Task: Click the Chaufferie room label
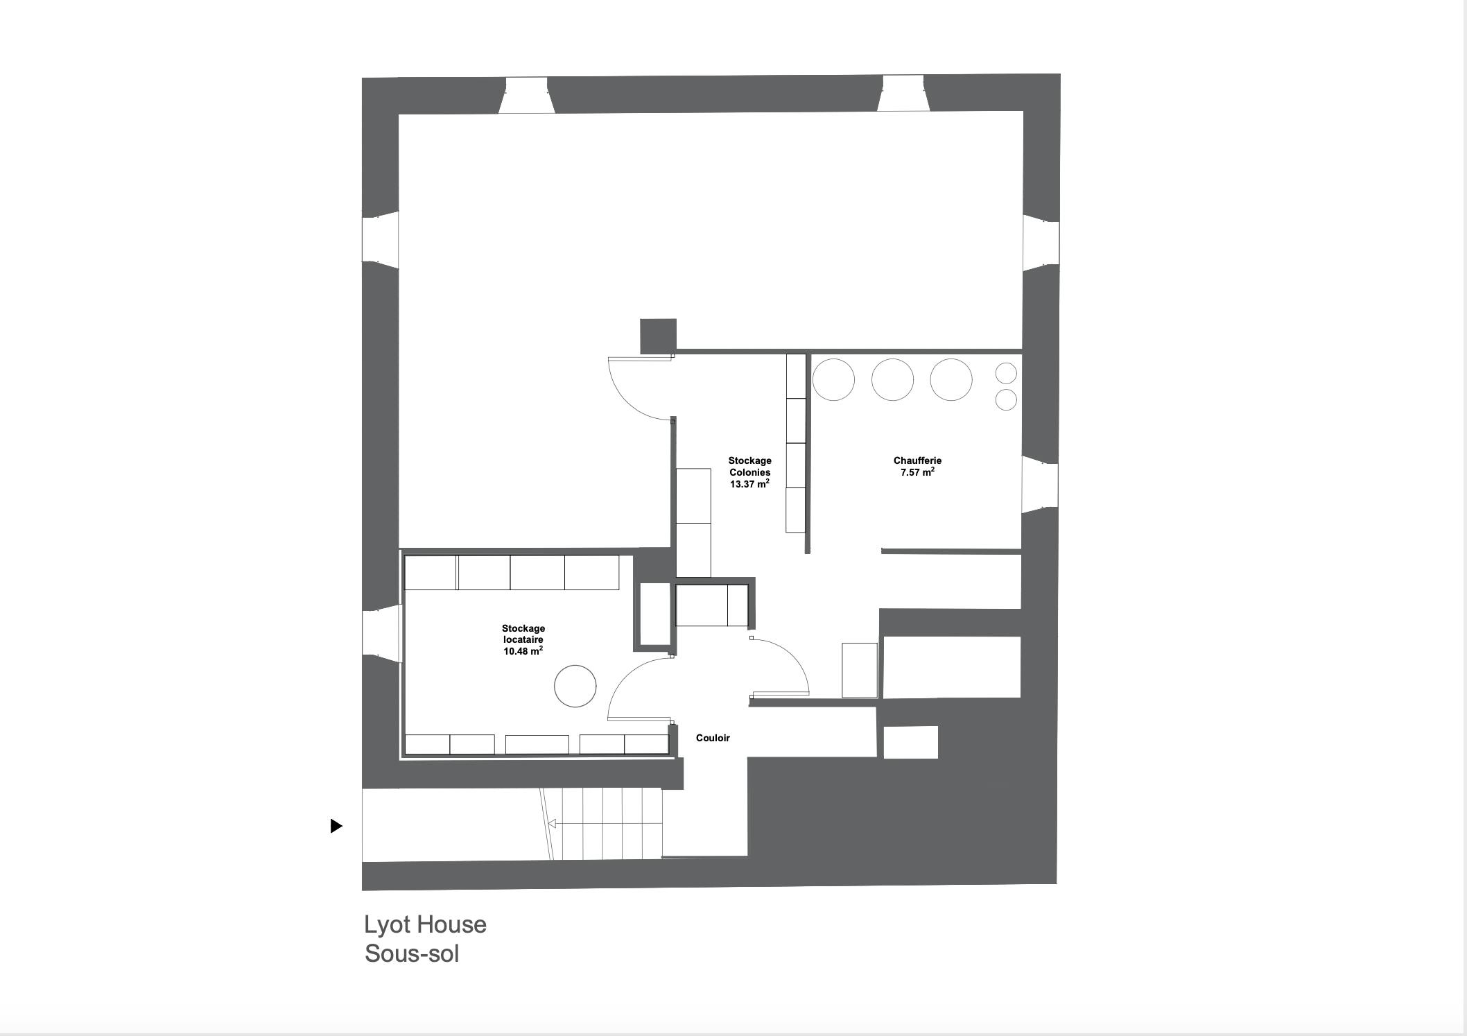point(917,460)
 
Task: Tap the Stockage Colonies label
point(749,466)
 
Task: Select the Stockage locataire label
point(523,634)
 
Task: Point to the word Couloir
point(713,738)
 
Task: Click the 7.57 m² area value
point(917,472)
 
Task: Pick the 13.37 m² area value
point(749,484)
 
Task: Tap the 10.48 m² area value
point(523,651)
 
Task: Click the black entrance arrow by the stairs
point(336,826)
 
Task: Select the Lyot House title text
point(425,924)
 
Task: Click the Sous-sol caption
point(412,953)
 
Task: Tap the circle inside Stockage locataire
point(575,666)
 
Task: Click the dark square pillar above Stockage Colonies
point(658,336)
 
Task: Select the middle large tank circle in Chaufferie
point(892,359)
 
